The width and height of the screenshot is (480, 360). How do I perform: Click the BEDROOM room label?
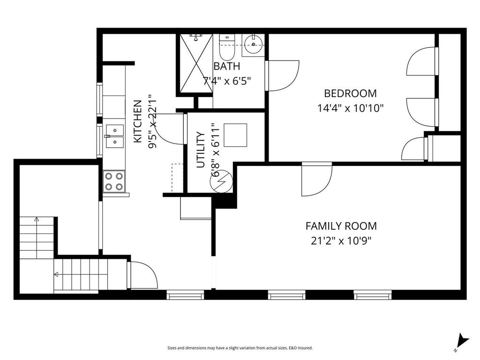click(350, 93)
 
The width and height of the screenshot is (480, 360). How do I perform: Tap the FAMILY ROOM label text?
click(341, 226)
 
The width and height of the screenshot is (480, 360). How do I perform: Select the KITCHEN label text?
click(138, 121)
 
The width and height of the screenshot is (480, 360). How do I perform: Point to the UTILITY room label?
click(201, 150)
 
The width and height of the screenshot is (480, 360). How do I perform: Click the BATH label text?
click(227, 66)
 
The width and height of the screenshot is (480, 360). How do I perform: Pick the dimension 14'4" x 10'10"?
click(350, 108)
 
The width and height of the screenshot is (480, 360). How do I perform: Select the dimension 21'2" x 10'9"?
click(341, 241)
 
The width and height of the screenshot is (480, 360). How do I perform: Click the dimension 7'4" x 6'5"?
click(227, 80)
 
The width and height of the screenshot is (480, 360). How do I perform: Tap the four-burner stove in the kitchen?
click(114, 181)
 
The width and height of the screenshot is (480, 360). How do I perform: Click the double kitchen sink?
click(114, 136)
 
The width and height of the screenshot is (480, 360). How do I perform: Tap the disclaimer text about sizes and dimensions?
click(240, 348)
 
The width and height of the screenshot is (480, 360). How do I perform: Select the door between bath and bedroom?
click(281, 75)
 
